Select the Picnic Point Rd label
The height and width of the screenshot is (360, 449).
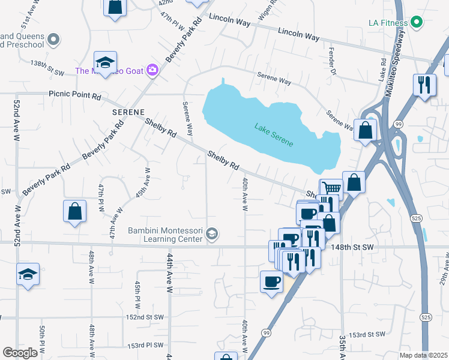[74, 95]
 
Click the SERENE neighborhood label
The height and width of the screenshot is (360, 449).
[128, 112]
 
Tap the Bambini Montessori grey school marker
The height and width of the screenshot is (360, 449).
[211, 233]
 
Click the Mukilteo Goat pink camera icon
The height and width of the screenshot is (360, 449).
[152, 71]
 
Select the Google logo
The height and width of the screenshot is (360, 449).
[20, 352]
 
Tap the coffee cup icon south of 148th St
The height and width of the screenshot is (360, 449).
[271, 281]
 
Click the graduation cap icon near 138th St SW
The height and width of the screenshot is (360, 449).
[105, 61]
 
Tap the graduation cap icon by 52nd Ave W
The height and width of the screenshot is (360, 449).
[28, 274]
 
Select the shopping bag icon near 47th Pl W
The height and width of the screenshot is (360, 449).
[75, 211]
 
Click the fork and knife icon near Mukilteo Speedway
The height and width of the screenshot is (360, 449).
[425, 85]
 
